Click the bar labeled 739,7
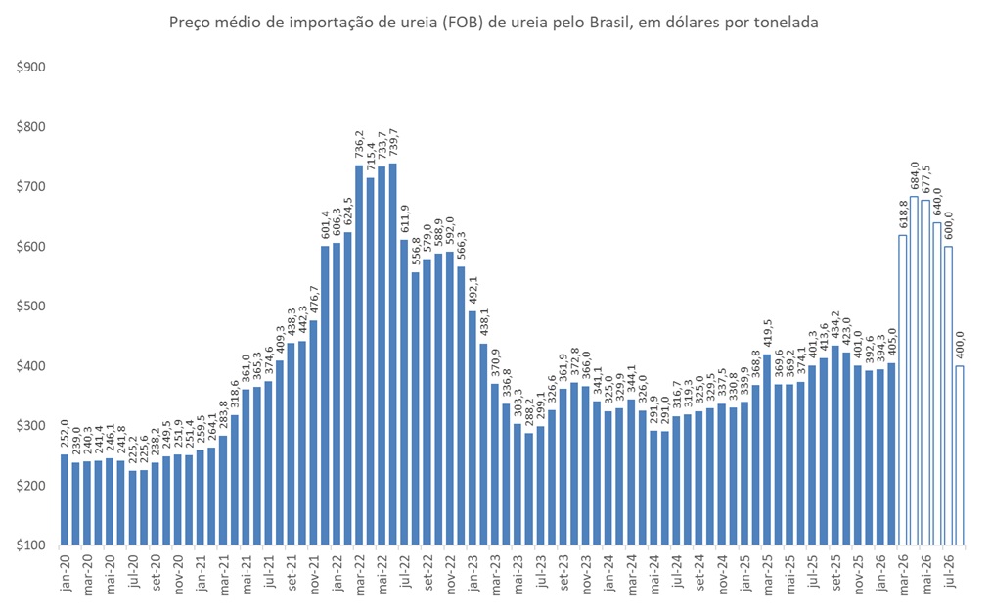tap(392, 354)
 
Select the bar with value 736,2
tap(359, 355)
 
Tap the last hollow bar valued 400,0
tap(960, 455)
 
